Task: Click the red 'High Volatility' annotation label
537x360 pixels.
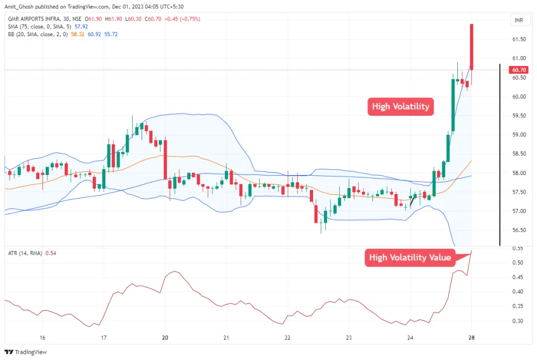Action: click(x=401, y=107)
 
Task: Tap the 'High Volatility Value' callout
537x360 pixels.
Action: click(x=410, y=257)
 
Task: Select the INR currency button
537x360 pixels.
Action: click(x=518, y=20)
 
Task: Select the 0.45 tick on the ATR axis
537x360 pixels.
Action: click(x=518, y=277)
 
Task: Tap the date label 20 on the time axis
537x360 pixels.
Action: click(x=165, y=337)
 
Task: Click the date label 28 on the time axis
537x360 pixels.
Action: click(x=471, y=337)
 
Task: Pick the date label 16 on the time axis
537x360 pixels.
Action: click(x=42, y=337)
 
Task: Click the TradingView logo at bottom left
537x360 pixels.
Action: click(x=26, y=352)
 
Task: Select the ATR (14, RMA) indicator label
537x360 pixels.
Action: click(x=25, y=253)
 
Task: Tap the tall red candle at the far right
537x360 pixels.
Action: click(x=472, y=47)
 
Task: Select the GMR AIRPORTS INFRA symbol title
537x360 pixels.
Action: click(x=36, y=19)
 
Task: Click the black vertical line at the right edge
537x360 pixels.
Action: click(x=499, y=155)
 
